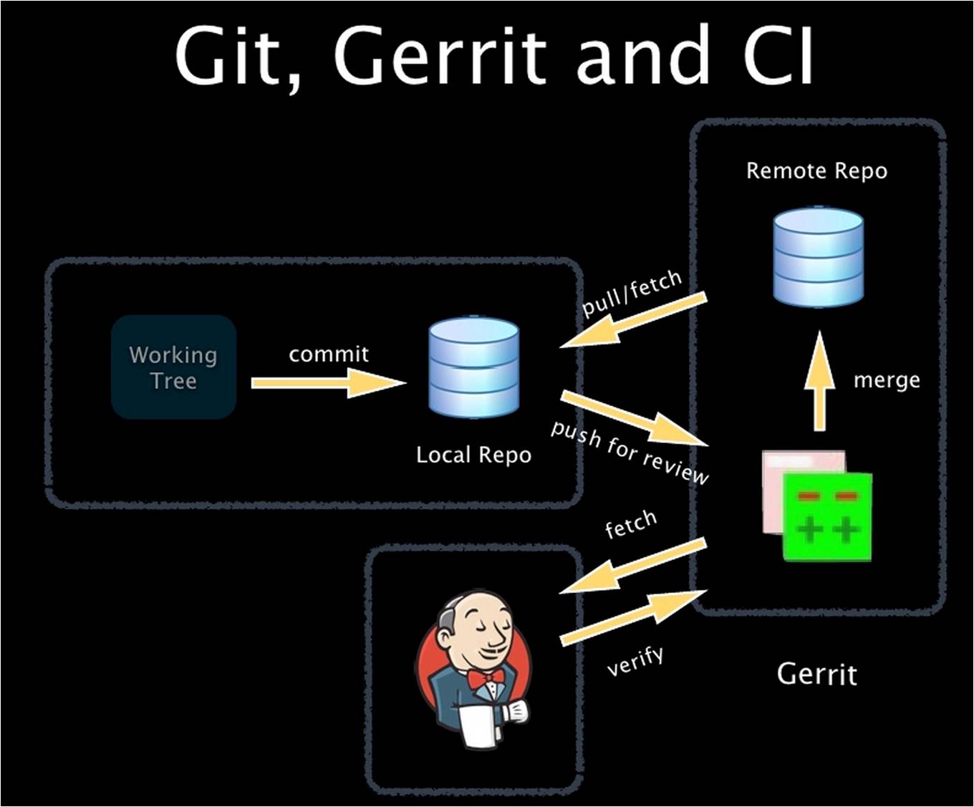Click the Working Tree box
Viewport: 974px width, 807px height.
173,367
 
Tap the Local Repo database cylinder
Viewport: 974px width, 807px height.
473,367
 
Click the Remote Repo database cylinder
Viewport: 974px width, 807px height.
818,256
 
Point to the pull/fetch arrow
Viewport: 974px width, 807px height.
633,321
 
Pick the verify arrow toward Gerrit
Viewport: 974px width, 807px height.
633,617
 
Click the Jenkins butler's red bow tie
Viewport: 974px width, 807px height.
486,677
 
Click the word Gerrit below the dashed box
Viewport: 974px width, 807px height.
816,675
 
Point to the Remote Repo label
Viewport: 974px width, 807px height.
816,171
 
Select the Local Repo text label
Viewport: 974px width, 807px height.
473,455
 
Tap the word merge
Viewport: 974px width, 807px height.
886,380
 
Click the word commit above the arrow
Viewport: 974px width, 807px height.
329,354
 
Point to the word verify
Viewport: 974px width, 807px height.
635,660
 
